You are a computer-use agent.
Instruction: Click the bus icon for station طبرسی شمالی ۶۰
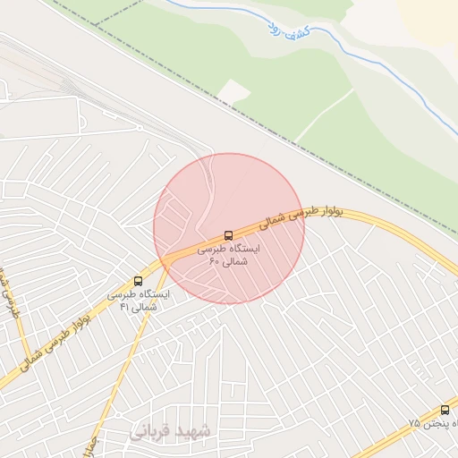tap(229, 235)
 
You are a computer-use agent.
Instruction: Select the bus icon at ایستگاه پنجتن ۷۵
tap(445, 410)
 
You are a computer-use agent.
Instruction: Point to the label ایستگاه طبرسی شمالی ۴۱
tap(138, 300)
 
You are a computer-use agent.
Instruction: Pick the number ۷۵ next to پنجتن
tap(414, 421)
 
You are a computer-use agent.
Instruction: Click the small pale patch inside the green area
tap(233, 91)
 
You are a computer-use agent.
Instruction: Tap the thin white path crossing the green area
tap(322, 116)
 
